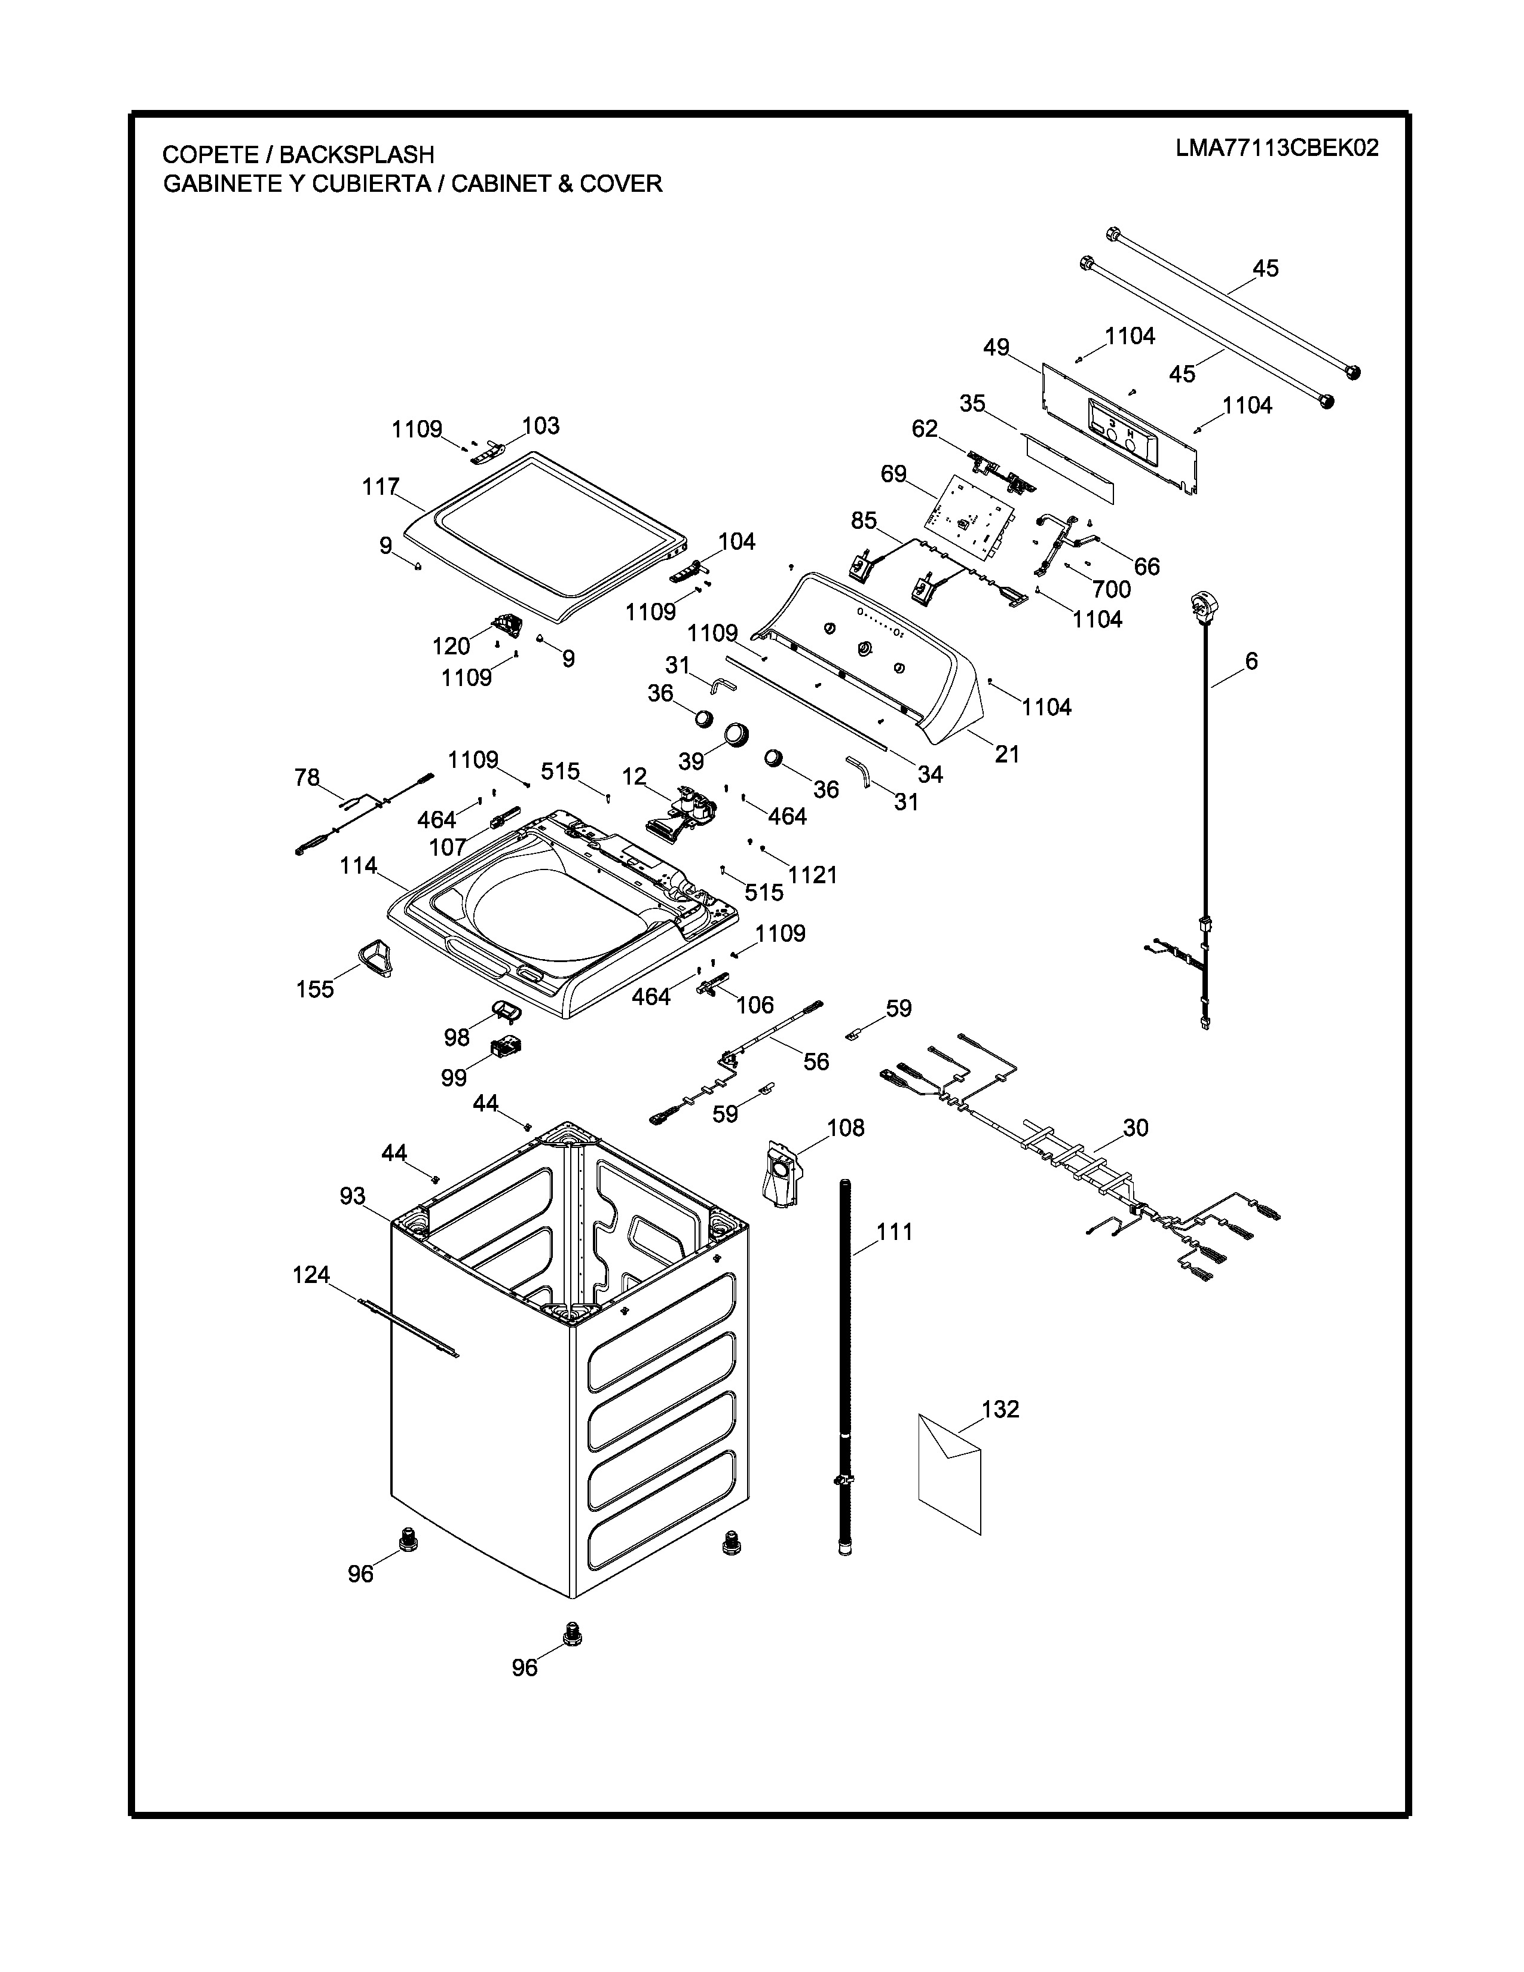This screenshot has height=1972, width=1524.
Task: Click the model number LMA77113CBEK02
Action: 1277,148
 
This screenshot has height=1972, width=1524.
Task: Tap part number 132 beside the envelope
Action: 999,1410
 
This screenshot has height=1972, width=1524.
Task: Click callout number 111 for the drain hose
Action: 894,1232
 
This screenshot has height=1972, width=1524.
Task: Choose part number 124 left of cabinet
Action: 311,1275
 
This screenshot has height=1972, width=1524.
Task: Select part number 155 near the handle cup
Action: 315,989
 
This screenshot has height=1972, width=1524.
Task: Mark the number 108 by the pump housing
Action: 845,1128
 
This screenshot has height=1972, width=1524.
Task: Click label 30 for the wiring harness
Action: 1135,1128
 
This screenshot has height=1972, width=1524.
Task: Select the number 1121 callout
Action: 813,874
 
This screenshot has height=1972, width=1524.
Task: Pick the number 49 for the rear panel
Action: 996,348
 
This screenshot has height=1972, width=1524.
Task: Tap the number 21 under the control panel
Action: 1006,754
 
